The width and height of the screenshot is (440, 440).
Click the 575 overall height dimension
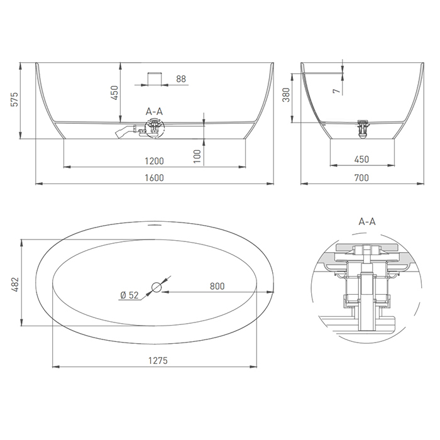click(14, 99)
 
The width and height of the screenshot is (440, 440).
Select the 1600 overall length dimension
click(154, 178)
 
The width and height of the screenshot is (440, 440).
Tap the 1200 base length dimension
click(154, 161)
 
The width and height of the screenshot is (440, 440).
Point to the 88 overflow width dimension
click(181, 79)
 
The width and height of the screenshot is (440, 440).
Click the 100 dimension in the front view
click(197, 157)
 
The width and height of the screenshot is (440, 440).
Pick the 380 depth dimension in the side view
click(286, 95)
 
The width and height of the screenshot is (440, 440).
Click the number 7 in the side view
click(337, 91)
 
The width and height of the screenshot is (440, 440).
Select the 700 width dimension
click(361, 178)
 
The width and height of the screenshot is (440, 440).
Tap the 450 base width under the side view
click(361, 160)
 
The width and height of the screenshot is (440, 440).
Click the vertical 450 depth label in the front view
click(115, 93)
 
